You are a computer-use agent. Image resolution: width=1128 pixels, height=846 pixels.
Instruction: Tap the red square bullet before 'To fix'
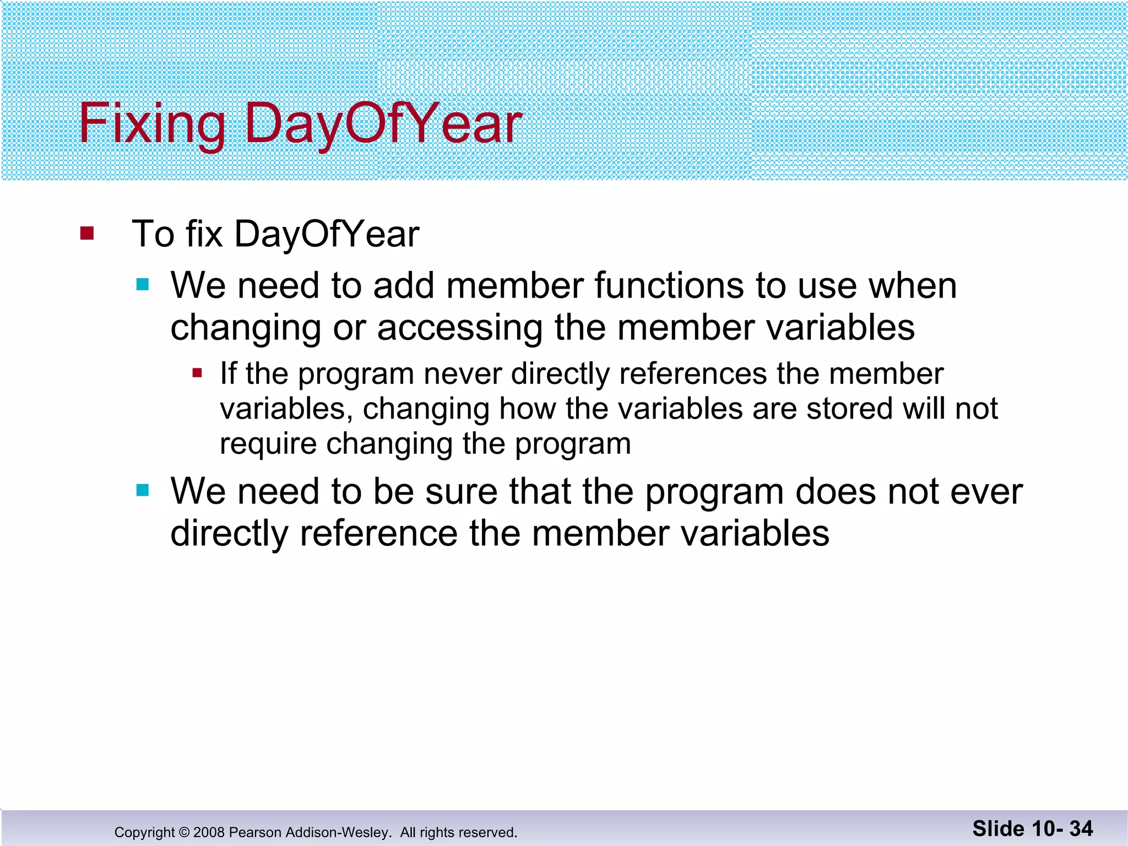pos(87,234)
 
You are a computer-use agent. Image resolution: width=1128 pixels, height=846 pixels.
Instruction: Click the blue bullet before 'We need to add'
pos(143,284)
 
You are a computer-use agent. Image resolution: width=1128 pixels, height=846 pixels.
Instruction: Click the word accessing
pos(460,328)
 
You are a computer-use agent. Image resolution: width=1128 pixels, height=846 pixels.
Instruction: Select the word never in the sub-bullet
pos(462,374)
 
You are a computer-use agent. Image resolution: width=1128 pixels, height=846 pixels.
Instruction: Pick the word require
pos(268,444)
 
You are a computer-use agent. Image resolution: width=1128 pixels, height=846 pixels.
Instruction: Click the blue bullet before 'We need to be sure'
pos(143,490)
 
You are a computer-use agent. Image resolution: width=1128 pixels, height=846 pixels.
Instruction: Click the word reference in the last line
pos(378,534)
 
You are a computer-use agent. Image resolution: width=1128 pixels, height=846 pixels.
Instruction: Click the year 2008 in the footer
pos(209,832)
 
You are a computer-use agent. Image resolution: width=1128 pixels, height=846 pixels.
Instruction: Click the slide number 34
pos(1081,829)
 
